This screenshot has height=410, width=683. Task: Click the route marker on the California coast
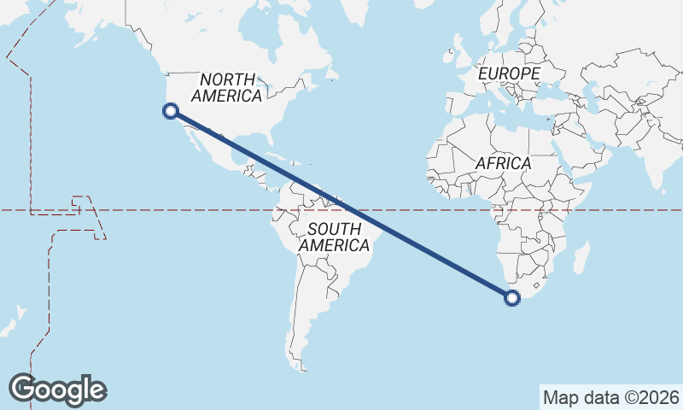[171, 110]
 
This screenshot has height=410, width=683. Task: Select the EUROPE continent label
[509, 74]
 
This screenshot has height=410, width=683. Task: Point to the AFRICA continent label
[504, 163]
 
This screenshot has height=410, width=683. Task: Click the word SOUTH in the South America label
[334, 229]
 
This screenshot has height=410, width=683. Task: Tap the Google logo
[57, 389]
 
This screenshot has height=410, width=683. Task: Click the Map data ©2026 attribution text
[610, 397]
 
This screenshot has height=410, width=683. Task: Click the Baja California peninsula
[192, 140]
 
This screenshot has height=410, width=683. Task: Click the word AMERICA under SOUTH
[334, 246]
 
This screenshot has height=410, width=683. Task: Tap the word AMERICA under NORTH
[226, 96]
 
